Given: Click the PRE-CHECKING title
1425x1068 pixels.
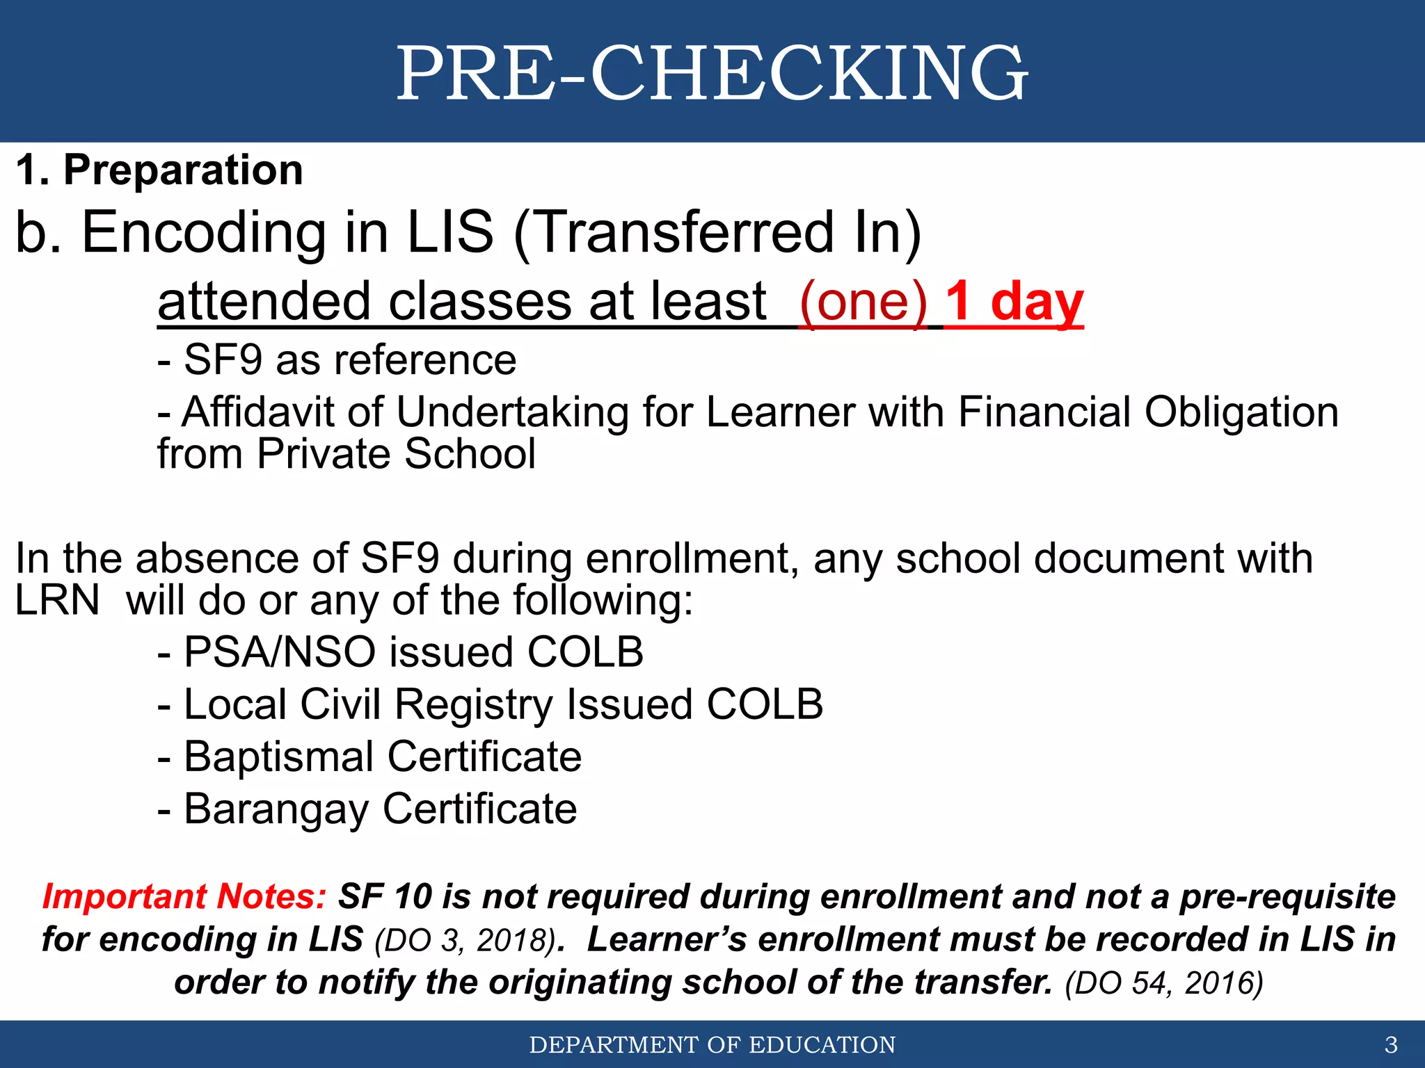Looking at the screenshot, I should tap(712, 73).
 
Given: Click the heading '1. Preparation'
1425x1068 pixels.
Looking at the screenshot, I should tap(159, 170).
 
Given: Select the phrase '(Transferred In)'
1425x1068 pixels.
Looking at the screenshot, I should tap(717, 233).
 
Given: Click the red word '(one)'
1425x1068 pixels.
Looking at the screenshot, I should tap(863, 302).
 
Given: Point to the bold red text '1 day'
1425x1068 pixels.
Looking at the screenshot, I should tap(1014, 302).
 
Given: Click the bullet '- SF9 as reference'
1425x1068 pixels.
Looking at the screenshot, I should tap(337, 360).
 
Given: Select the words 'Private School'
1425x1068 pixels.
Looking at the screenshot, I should tap(396, 454).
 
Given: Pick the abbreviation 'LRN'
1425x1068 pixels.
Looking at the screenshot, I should tap(57, 600).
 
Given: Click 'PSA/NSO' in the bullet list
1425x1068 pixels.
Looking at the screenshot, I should tap(279, 652).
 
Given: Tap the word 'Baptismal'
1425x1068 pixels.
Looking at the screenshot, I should tap(279, 756).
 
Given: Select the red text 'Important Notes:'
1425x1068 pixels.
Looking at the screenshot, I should tap(184, 896).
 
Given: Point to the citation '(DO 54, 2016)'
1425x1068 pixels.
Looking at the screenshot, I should tap(1163, 983).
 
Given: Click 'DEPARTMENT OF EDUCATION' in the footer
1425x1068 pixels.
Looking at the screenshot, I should tap(712, 1044).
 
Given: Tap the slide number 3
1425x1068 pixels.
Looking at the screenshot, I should tap(1391, 1044).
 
